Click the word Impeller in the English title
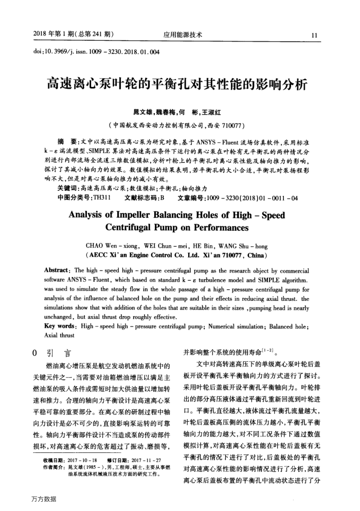tap(139, 216)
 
